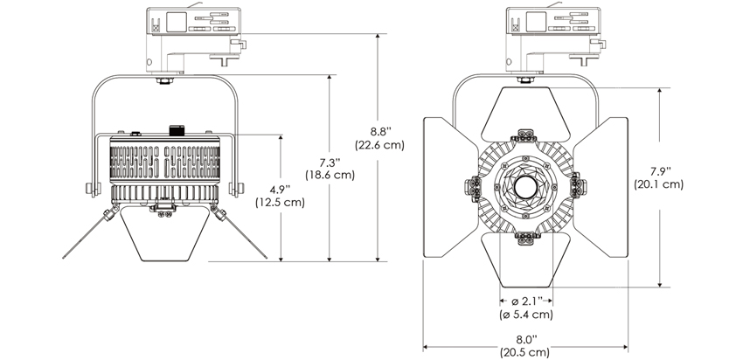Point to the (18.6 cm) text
coord(330,175)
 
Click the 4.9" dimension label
coord(280,189)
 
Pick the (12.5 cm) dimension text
coord(280,203)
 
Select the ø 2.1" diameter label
coord(525,301)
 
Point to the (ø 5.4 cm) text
coord(525,315)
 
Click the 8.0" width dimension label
coord(524,339)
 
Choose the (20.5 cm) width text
coord(524,353)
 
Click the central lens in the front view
coord(524,186)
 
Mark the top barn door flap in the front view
coord(524,109)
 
